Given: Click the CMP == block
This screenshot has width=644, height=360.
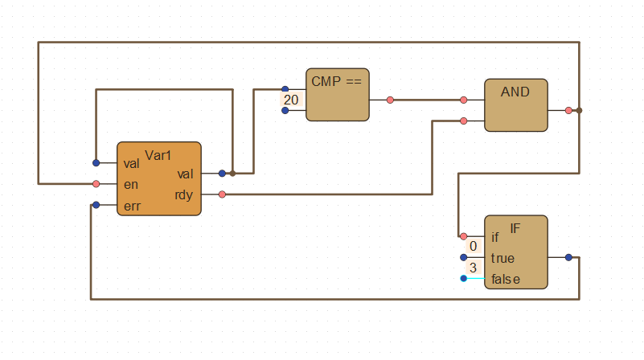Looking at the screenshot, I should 337,95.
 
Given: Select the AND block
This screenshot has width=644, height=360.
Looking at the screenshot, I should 515,105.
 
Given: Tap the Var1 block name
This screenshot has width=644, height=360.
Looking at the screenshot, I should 158,154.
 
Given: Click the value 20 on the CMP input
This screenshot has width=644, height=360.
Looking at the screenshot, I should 291,100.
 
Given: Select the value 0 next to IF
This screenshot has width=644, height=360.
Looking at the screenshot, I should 474,246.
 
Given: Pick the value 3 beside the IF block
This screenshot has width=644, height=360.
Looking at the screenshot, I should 473,268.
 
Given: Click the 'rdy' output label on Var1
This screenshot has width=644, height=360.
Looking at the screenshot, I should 184,194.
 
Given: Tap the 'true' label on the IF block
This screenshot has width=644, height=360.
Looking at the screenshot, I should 502,258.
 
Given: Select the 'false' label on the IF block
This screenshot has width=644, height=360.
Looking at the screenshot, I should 505,279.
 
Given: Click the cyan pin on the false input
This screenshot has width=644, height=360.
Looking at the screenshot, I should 463,279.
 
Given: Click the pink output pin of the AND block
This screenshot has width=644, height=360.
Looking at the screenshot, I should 568,110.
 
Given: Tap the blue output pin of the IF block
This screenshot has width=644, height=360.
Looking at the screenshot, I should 568,258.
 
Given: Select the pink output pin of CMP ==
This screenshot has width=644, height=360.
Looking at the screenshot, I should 390,100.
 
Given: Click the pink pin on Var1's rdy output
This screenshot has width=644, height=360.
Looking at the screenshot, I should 222,194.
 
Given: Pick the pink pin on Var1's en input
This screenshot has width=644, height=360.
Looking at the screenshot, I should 96,184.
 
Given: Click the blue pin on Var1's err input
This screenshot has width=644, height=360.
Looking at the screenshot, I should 96,205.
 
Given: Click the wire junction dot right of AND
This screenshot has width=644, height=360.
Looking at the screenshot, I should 579,110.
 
